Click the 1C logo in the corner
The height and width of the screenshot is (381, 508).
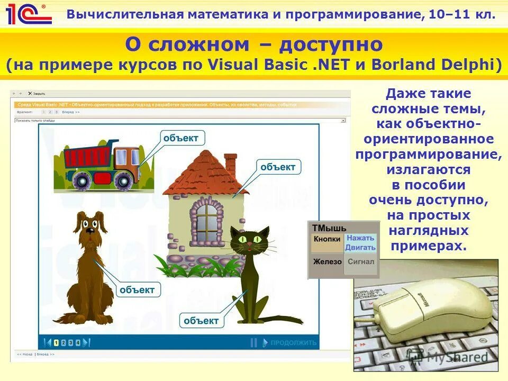(x=28, y=14)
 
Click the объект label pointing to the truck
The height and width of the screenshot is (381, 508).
(x=181, y=138)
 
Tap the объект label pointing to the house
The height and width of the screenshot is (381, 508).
(x=278, y=167)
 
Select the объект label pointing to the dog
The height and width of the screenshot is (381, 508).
(x=137, y=289)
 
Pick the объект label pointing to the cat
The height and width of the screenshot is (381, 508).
(x=201, y=320)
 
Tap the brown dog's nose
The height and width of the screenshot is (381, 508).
(x=90, y=230)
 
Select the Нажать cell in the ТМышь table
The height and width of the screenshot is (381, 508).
(x=360, y=238)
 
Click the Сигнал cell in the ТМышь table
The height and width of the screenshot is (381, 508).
(x=360, y=261)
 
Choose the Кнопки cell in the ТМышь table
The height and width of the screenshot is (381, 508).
(x=326, y=239)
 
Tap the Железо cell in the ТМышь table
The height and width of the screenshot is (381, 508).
(x=326, y=261)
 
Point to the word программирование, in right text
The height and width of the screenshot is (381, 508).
(x=429, y=155)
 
